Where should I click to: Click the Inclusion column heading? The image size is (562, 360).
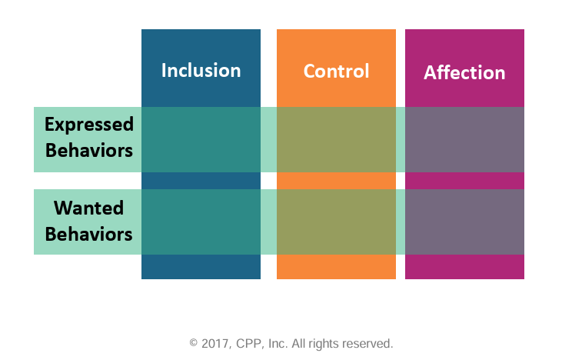click(x=201, y=71)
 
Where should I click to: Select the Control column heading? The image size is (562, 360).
click(x=336, y=72)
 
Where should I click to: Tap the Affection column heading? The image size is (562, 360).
click(x=464, y=73)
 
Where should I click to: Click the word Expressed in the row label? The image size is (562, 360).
click(x=89, y=125)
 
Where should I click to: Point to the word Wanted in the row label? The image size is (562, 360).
click(x=88, y=208)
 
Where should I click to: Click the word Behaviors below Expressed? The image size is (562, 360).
click(x=89, y=150)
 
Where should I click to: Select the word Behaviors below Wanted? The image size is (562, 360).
click(x=88, y=233)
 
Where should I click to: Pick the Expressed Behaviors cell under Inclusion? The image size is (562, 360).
click(x=201, y=139)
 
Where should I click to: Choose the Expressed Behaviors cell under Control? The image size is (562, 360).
click(x=336, y=139)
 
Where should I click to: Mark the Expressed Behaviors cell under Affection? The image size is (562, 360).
click(x=464, y=139)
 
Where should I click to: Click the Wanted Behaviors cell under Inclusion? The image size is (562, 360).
click(x=201, y=222)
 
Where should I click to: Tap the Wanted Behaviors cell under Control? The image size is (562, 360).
click(x=336, y=222)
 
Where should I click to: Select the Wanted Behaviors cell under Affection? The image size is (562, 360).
click(x=464, y=222)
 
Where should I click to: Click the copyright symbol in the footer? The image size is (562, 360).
click(x=194, y=343)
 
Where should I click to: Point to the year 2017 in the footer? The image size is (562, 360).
click(x=214, y=343)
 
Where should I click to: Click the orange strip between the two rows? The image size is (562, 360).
click(x=336, y=180)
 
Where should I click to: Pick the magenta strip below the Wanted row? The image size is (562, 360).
click(x=464, y=267)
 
